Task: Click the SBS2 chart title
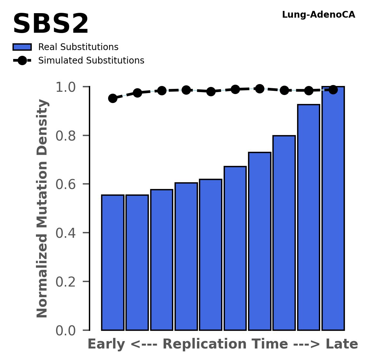(x=51, y=24)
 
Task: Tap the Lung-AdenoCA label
(x=318, y=15)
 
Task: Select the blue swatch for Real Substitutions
(x=22, y=47)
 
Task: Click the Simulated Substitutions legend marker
(x=22, y=61)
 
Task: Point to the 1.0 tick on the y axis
(x=66, y=87)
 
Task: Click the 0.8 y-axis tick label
(x=66, y=136)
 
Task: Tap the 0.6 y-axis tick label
(x=66, y=185)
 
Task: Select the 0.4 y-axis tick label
(x=66, y=233)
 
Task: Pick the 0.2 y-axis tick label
(x=66, y=282)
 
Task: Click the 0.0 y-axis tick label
(x=66, y=331)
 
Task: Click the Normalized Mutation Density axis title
(x=42, y=209)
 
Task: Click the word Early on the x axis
(x=107, y=345)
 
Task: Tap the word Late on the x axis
(x=342, y=345)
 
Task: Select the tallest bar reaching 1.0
(x=333, y=209)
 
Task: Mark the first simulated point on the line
(x=113, y=98)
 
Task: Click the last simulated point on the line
(x=333, y=90)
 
